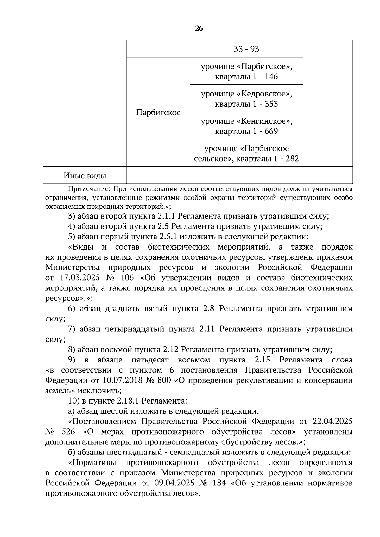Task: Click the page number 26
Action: click(199, 28)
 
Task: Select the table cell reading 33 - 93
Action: click(246, 49)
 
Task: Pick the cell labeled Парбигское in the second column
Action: click(158, 112)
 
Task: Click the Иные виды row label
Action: click(85, 176)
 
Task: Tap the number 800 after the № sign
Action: click(164, 380)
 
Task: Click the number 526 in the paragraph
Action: click(68, 432)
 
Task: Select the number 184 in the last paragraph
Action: click(219, 483)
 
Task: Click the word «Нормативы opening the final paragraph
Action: click(92, 463)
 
